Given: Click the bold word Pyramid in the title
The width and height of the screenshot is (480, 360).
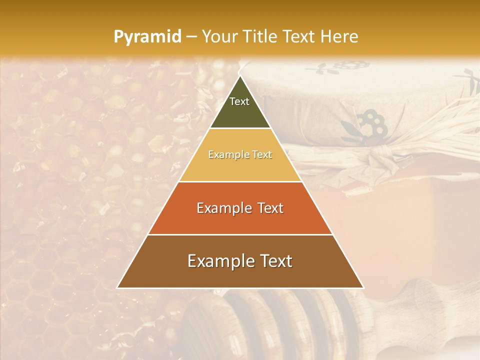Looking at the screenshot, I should pyautogui.click(x=147, y=37).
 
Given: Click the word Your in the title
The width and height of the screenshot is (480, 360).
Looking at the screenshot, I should pyautogui.click(x=219, y=36).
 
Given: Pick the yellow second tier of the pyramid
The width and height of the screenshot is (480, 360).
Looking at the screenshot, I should pyautogui.click(x=240, y=167).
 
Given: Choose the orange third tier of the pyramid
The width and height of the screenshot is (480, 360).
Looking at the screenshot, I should pyautogui.click(x=240, y=220).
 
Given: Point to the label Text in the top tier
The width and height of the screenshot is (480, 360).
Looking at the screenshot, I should pyautogui.click(x=239, y=101).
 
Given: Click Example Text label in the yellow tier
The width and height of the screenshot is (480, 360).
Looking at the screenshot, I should pyautogui.click(x=240, y=154).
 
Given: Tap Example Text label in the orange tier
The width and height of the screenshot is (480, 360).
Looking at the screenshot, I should pyautogui.click(x=240, y=208).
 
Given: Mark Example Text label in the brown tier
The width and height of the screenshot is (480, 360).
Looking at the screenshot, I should pyautogui.click(x=240, y=261).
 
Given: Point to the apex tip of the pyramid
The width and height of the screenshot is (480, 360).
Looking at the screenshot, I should pyautogui.click(x=240, y=76).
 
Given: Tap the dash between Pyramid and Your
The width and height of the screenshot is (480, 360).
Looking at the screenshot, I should pyautogui.click(x=191, y=37).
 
